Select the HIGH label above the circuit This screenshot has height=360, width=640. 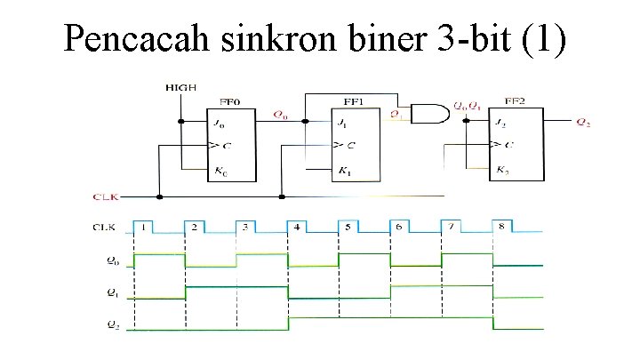180,87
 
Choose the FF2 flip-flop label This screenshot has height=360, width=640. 514,103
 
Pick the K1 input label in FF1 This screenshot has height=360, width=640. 342,170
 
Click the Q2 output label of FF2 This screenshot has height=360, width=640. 582,123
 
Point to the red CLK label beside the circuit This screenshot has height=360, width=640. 104,196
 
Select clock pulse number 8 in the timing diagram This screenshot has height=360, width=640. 501,228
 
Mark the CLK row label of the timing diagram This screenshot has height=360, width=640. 104,228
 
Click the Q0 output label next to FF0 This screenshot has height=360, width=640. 280,115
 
